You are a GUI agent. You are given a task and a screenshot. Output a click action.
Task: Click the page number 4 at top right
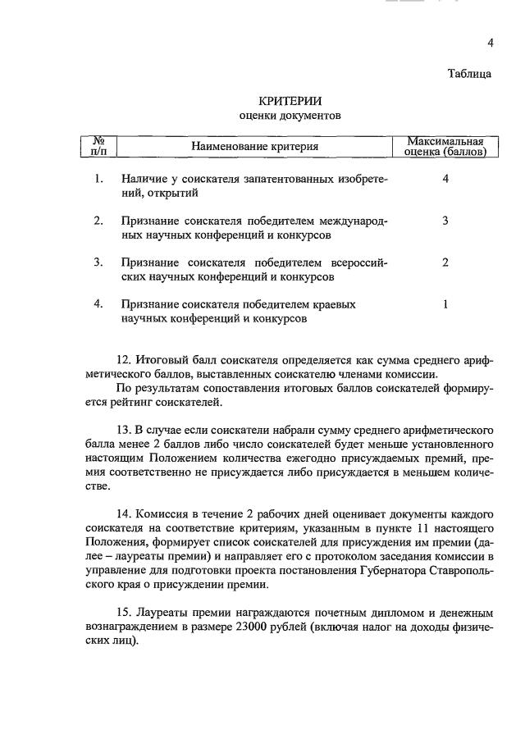[x=490, y=43]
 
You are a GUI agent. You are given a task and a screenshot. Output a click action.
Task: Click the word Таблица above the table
[x=469, y=74]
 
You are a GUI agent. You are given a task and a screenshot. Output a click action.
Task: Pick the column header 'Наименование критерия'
[x=254, y=147]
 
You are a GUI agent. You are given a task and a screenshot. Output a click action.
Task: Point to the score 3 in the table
[x=445, y=221]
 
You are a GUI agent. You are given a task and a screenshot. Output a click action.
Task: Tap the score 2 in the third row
[x=445, y=262]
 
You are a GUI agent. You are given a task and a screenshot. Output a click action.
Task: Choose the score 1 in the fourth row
[x=445, y=304]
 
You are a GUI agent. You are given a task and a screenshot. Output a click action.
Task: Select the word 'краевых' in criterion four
[x=336, y=304]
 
